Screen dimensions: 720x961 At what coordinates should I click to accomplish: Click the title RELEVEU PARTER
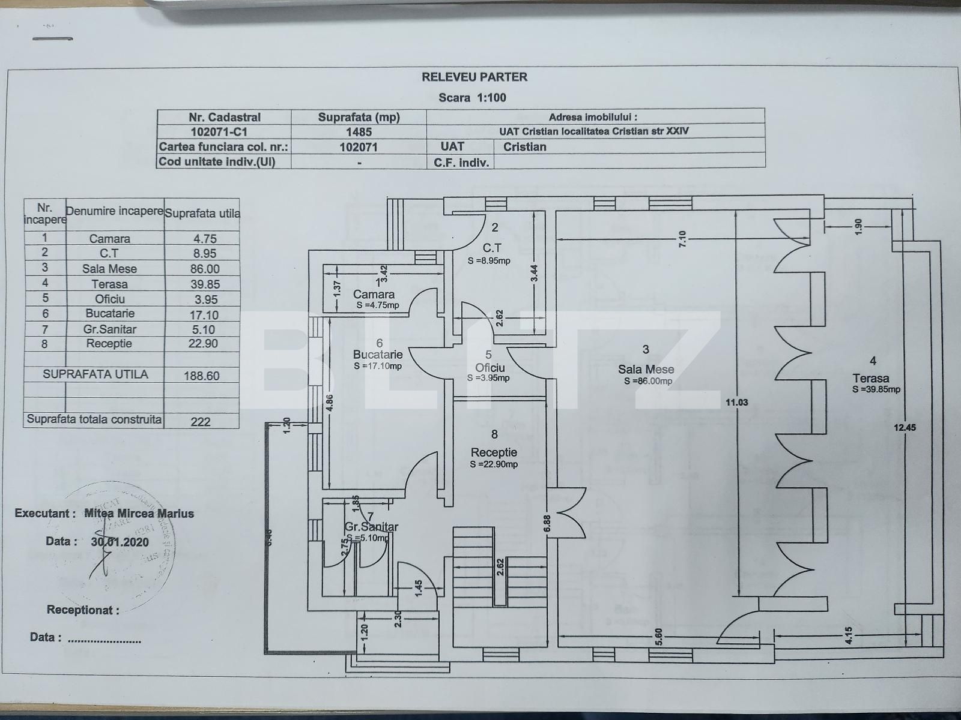(x=474, y=77)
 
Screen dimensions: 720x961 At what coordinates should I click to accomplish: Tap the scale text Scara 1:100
(x=472, y=98)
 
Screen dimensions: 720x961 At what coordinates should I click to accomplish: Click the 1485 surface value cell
(x=359, y=132)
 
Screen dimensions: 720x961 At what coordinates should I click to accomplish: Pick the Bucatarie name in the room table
(x=110, y=313)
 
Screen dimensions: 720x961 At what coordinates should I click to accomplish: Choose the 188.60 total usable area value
(x=202, y=376)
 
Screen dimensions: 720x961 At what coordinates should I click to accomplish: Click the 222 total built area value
(x=201, y=421)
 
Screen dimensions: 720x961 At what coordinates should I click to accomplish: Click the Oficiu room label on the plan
(x=490, y=367)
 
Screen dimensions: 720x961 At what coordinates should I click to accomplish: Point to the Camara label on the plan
(x=374, y=295)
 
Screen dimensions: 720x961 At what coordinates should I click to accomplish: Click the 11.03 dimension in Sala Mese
(x=736, y=402)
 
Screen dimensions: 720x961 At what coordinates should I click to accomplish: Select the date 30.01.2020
(x=120, y=541)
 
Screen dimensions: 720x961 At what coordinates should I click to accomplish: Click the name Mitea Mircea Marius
(x=139, y=514)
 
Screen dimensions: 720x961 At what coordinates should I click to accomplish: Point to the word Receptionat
(x=83, y=610)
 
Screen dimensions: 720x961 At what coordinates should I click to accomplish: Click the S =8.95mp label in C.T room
(x=489, y=261)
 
